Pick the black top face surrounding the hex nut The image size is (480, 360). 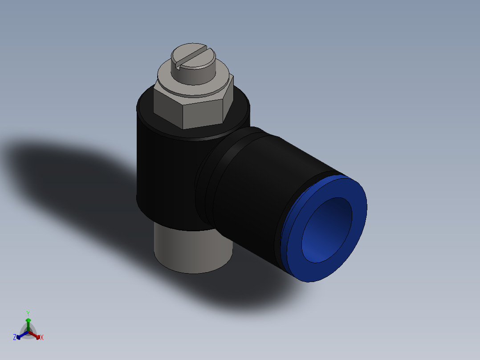click(x=147, y=111)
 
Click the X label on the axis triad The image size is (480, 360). click(x=42, y=338)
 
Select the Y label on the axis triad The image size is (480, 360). click(x=28, y=313)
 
